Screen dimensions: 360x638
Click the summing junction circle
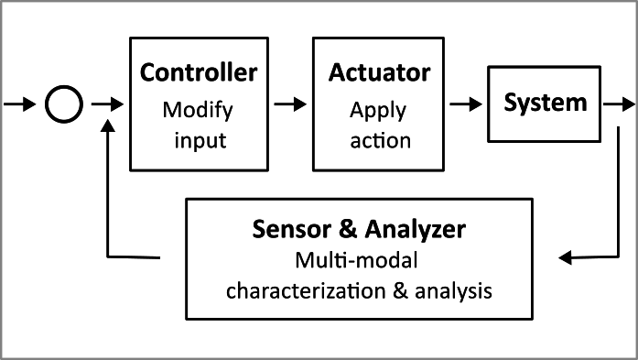click(x=63, y=105)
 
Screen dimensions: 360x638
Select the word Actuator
click(x=380, y=73)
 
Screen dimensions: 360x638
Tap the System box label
click(x=546, y=102)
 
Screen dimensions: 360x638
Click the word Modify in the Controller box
click(x=199, y=110)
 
